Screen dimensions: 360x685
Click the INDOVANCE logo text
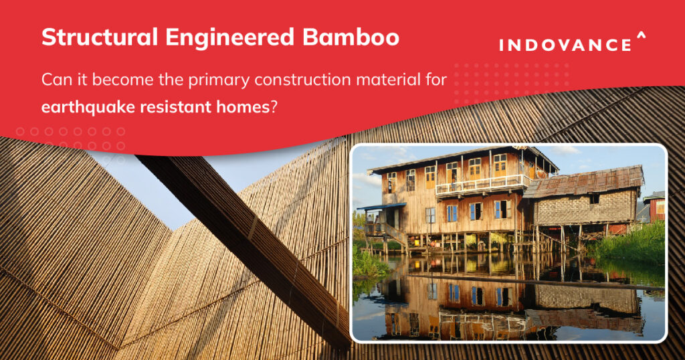pos(565,46)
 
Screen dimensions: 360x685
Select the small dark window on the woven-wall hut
pos(593,199)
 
